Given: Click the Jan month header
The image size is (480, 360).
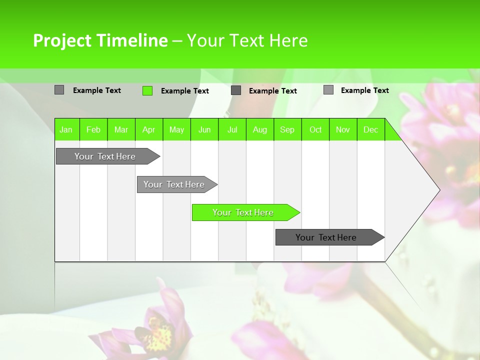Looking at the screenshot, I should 66,130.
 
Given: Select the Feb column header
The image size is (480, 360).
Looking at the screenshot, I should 93,130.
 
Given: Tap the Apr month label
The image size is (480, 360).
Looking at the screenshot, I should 148,130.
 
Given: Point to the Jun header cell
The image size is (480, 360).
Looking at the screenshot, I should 204,130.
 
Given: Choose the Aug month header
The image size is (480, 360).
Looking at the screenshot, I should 259,130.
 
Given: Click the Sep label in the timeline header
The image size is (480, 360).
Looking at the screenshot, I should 287,130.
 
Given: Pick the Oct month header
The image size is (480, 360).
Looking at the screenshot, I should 315,130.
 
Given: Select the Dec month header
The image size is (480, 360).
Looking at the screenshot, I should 370,130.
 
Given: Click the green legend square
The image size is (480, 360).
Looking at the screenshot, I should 147,90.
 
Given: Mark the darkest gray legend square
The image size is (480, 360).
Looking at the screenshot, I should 236,90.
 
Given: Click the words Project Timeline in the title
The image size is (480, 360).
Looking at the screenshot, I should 100,40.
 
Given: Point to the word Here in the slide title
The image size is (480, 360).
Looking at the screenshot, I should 288,40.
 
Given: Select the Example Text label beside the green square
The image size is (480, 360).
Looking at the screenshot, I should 184,91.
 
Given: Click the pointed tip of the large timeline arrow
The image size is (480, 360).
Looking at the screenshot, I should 438,190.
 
